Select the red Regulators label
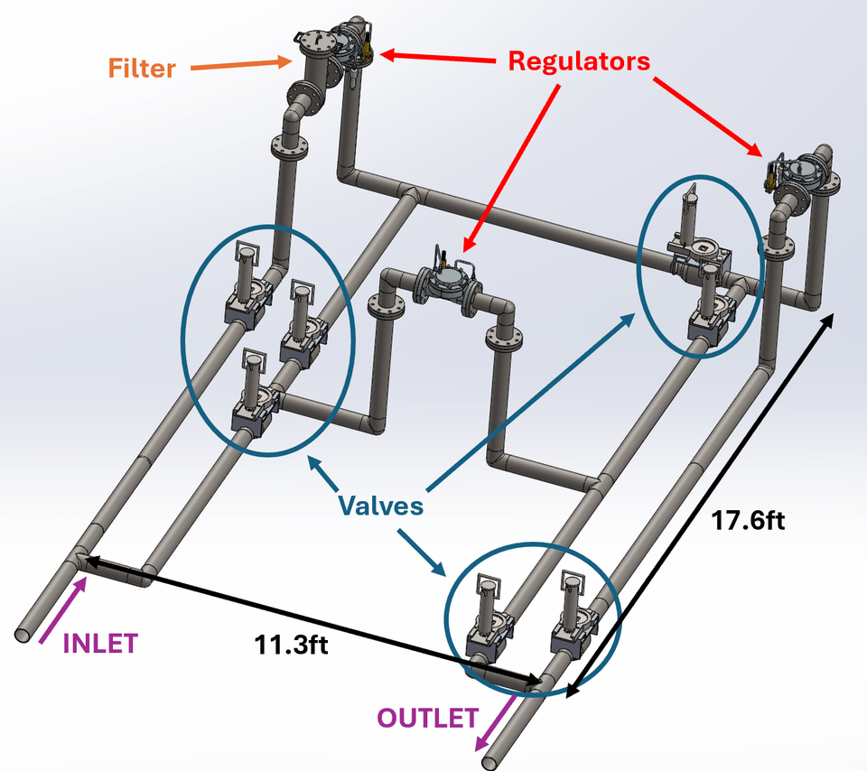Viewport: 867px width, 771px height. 579,61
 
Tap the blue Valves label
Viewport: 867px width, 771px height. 380,505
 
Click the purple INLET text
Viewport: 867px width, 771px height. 99,643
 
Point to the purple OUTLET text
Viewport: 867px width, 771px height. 427,719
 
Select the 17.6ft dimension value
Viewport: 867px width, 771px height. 738,521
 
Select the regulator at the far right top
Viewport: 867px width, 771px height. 798,172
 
